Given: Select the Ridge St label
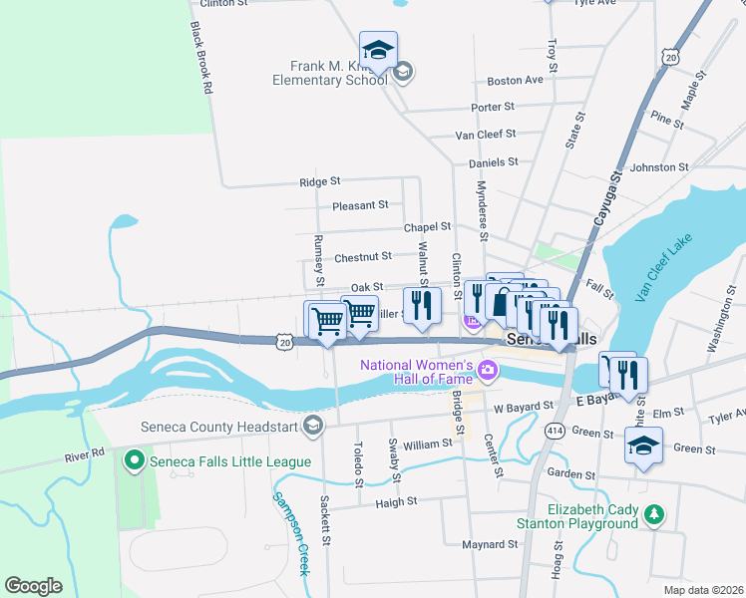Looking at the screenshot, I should click(x=320, y=181).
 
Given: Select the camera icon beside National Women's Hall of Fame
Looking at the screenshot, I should click(x=488, y=372).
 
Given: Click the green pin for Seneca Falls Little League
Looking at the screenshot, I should click(x=134, y=459).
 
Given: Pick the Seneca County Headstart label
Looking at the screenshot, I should click(x=228, y=427).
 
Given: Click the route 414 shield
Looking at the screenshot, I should click(x=556, y=430).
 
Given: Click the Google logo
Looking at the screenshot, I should click(x=33, y=586).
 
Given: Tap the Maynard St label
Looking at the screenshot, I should click(x=489, y=544).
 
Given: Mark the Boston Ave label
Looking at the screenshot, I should click(x=515, y=80).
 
